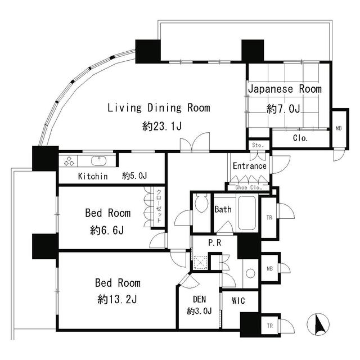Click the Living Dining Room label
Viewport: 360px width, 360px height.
pyautogui.click(x=159, y=108)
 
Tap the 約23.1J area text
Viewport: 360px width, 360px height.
pyautogui.click(x=162, y=126)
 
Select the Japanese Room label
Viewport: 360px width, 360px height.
pyautogui.click(x=285, y=89)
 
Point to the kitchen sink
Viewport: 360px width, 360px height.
pyautogui.click(x=99, y=161)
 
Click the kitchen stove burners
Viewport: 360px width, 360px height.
pyautogui.click(x=69, y=161)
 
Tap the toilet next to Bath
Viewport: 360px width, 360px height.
pyautogui.click(x=201, y=203)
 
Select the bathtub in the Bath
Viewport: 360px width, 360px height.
pyautogui.click(x=247, y=213)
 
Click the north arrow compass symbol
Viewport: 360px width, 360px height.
pyautogui.click(x=318, y=324)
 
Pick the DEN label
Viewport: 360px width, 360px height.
pyautogui.click(x=199, y=299)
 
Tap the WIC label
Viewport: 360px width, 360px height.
pyautogui.click(x=238, y=300)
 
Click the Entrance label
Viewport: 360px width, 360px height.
pyautogui.click(x=250, y=166)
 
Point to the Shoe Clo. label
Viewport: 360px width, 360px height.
pyautogui.click(x=249, y=187)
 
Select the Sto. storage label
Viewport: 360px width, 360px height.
pyautogui.click(x=258, y=145)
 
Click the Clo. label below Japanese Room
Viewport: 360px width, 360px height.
pyautogui.click(x=300, y=138)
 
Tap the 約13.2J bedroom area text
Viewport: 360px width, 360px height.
pyautogui.click(x=117, y=299)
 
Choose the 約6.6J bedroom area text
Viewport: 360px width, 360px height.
pyautogui.click(x=107, y=230)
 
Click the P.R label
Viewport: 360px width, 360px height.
pyautogui.click(x=214, y=242)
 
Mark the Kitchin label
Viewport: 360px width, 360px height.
pyautogui.click(x=93, y=176)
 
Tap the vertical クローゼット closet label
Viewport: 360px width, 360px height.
pyautogui.click(x=159, y=206)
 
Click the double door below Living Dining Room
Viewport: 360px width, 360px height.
pyautogui.click(x=195, y=142)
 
